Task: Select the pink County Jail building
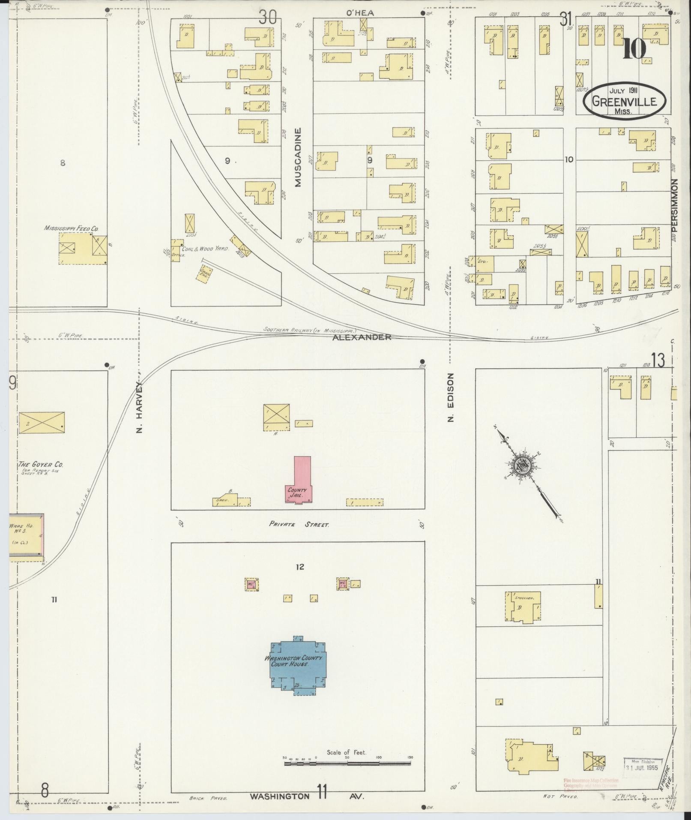[x=299, y=480]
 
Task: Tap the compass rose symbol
[x=523, y=465]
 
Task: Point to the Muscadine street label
[x=298, y=157]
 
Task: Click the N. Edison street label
[x=450, y=397]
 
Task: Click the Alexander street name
[x=362, y=337]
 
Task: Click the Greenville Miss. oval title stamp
[x=624, y=99]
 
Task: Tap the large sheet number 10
[x=634, y=49]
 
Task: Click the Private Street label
[x=299, y=524]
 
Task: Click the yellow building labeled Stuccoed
[x=523, y=607]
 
